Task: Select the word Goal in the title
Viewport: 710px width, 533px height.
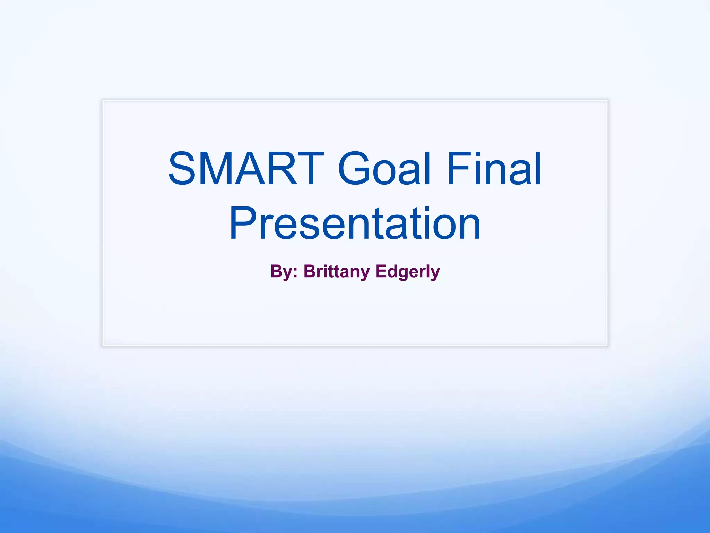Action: click(384, 169)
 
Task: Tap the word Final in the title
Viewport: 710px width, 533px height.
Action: click(494, 169)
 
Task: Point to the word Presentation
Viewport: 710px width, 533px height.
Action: click(355, 223)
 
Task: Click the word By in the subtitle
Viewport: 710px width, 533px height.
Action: click(281, 271)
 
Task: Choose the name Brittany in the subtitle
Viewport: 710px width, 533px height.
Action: click(336, 271)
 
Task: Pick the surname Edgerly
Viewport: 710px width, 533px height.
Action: click(408, 271)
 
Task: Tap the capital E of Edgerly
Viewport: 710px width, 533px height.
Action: click(382, 271)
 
